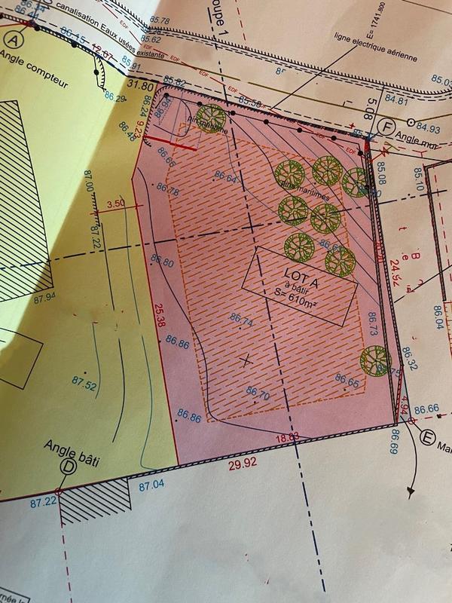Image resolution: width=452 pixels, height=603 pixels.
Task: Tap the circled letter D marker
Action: click(x=67, y=467)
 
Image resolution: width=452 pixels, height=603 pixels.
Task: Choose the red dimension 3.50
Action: click(x=116, y=204)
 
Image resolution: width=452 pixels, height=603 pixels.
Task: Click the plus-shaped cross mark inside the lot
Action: click(x=244, y=360)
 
